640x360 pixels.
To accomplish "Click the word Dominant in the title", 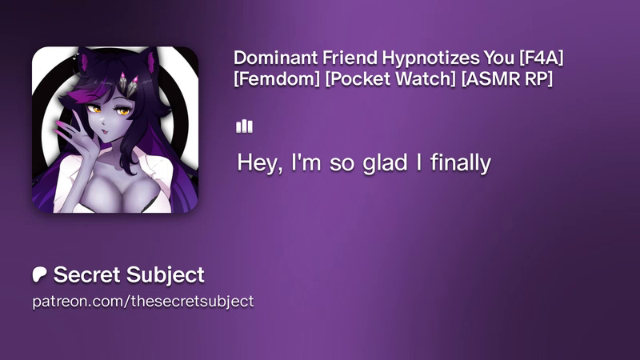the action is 275,58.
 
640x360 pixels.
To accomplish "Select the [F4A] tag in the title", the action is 542,58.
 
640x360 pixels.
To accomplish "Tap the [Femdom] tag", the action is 277,78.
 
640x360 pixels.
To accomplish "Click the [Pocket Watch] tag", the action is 390,78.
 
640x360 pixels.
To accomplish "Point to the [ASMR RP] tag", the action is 507,78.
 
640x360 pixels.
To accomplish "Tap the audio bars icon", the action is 244,126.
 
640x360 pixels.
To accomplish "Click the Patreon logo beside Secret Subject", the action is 39,274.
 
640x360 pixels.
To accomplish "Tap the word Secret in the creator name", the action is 86,274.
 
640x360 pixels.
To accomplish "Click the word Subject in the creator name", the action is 166,275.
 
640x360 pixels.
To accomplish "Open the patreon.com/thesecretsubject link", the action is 143,302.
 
